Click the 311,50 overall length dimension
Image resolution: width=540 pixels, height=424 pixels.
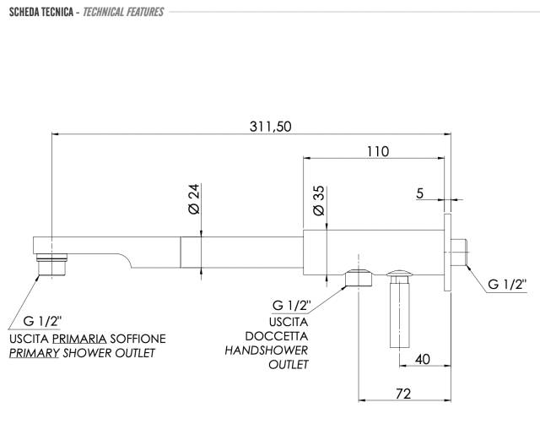[270, 127]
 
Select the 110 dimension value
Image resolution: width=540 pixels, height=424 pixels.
[378, 151]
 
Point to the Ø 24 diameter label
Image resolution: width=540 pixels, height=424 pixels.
[194, 198]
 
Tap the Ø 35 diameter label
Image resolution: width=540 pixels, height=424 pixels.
[319, 201]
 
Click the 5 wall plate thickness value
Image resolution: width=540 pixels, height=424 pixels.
[419, 193]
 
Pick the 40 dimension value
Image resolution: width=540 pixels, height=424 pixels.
[422, 360]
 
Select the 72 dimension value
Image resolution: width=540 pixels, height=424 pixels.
[403, 394]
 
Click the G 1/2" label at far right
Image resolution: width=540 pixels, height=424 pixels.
[507, 285]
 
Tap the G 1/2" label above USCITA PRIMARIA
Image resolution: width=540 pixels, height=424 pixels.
[42, 321]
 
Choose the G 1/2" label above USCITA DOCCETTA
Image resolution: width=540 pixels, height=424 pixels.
[291, 306]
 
